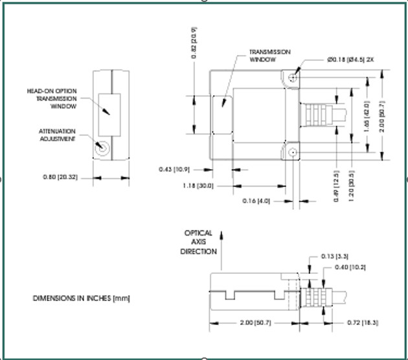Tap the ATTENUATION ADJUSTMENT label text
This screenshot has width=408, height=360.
58,135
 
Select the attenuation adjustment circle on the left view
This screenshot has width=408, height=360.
102,148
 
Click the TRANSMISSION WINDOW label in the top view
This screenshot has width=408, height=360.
270,56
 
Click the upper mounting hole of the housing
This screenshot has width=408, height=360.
293,76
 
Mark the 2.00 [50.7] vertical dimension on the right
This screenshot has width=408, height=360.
382,117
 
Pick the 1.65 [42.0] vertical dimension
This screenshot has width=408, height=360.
367,115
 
